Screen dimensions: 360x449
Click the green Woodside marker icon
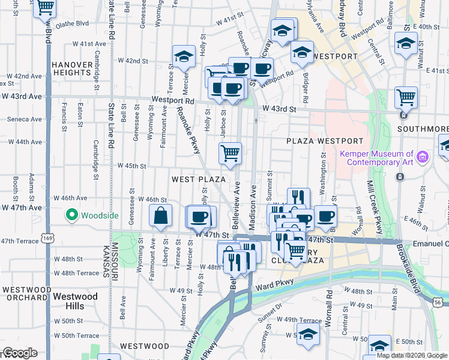(x=72, y=214)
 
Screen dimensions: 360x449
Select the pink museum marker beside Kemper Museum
(x=424, y=157)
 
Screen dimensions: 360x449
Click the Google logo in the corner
(x=19, y=353)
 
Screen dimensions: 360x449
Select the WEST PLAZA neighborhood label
(x=199, y=179)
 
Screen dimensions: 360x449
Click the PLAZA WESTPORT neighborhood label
(x=324, y=141)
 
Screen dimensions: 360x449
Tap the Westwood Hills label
(x=75, y=296)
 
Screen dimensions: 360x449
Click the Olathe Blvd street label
(x=73, y=23)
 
